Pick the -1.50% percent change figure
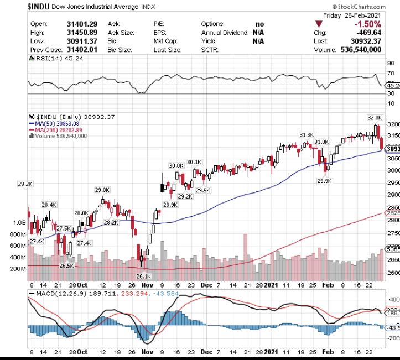pos(367,24)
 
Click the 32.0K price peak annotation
pos(375,118)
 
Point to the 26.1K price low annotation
pos(143,276)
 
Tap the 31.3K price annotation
pos(307,135)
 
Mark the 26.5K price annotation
pos(66,265)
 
